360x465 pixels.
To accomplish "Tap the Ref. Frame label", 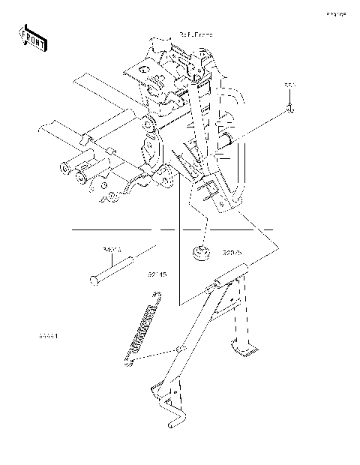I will pyautogui.click(x=196, y=34).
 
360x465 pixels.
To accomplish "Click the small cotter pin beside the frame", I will pyautogui.click(x=289, y=111).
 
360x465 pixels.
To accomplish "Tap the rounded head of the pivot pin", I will pyautogui.click(x=94, y=280).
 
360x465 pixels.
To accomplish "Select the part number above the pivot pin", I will pyautogui.click(x=112, y=251).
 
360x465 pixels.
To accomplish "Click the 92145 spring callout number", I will pyautogui.click(x=157, y=274).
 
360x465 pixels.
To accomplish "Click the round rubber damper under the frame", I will pyautogui.click(x=200, y=255).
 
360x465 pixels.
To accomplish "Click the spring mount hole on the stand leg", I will pyautogui.click(x=179, y=349).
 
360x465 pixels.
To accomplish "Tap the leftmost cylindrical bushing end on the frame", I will pyautogui.click(x=63, y=166).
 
